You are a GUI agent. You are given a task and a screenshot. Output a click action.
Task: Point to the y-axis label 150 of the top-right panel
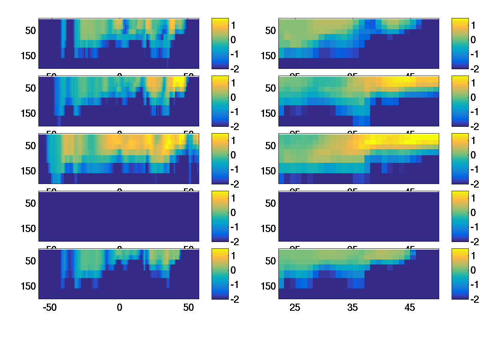(x=268, y=56)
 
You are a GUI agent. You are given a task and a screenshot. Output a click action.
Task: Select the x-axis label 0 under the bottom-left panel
(x=119, y=308)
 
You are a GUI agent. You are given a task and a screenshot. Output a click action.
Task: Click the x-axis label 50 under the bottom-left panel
(x=188, y=308)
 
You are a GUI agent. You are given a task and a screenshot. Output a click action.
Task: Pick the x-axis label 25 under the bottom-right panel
(x=295, y=308)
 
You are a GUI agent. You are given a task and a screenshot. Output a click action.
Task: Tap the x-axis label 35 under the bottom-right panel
(x=352, y=308)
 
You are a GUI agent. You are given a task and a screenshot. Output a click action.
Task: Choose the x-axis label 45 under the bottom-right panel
(x=410, y=308)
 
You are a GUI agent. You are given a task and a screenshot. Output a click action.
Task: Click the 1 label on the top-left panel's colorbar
(x=234, y=25)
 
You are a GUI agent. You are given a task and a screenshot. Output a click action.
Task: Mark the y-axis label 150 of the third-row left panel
(x=28, y=171)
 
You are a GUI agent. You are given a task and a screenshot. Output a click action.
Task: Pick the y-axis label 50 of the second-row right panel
(x=271, y=88)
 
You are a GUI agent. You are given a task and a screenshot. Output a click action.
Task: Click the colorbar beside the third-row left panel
(x=220, y=158)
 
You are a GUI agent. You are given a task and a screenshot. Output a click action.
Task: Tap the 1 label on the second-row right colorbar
(x=474, y=83)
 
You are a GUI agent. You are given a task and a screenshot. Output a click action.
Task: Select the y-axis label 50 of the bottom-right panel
(x=271, y=261)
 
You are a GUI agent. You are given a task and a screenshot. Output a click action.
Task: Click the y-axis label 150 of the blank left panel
(x=28, y=229)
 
